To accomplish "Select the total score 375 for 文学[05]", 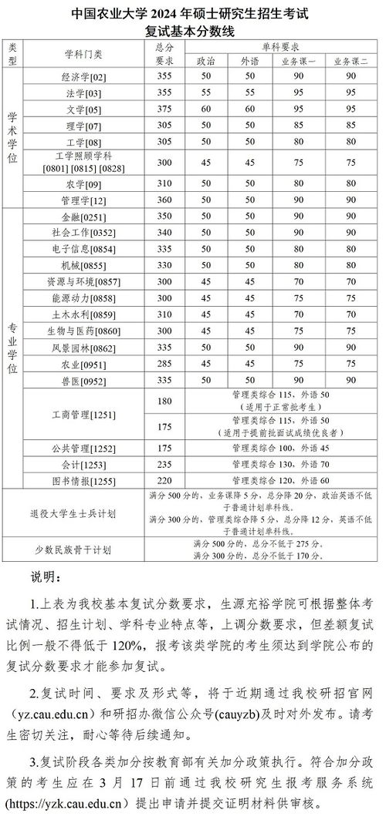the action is tap(164, 109).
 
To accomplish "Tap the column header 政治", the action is tap(206, 60).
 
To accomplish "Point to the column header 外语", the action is tap(250, 60).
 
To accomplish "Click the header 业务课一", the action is tap(299, 60).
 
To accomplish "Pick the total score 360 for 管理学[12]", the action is tap(164, 200).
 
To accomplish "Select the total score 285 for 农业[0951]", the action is tap(164, 364).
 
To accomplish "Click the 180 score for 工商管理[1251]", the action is tap(164, 402).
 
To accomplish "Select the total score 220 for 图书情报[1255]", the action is tap(164, 480).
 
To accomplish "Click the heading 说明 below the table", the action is tap(43, 577).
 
